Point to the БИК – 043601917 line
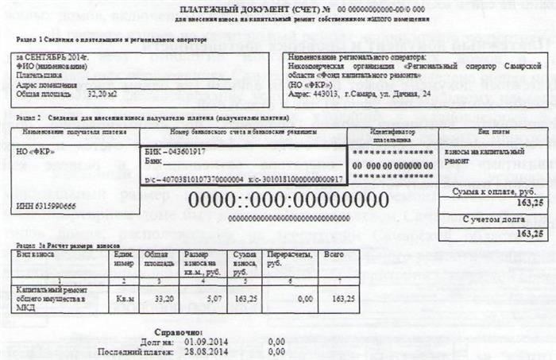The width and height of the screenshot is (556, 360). click(x=173, y=151)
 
